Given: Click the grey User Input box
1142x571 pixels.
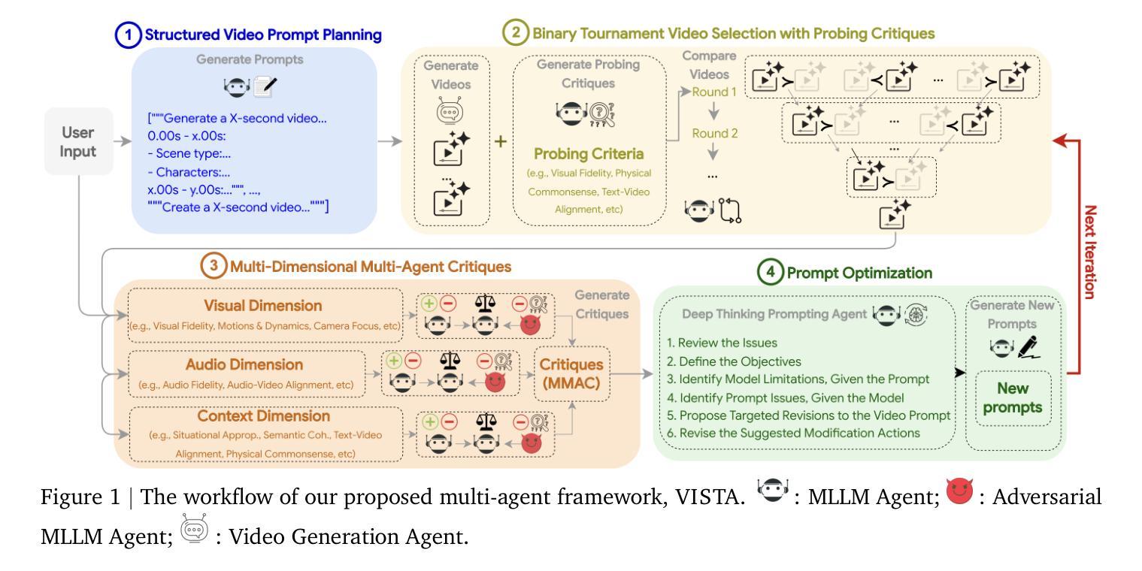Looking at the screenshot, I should [x=77, y=141].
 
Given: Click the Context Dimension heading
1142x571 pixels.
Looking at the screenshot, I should [x=262, y=415].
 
